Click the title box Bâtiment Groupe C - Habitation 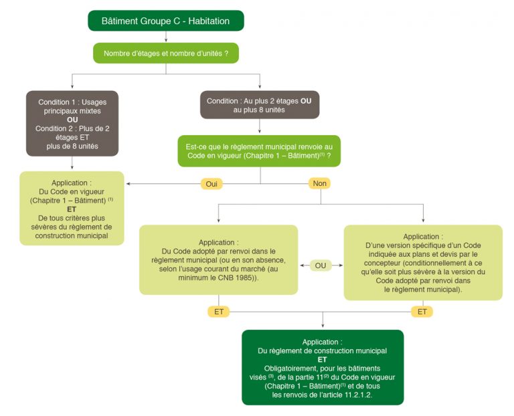tap(165, 21)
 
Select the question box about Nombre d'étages tap(165, 53)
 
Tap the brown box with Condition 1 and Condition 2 tap(72, 123)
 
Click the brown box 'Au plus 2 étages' tap(260, 105)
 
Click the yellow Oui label tap(211, 183)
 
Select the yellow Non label tap(319, 183)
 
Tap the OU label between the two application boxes tap(321, 266)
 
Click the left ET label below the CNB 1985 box tap(218, 312)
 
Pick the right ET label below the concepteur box tap(422, 312)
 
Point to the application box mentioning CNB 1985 tap(218, 259)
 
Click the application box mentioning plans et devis tap(422, 262)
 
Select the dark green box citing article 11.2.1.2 tap(323, 367)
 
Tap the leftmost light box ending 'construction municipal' tap(72, 208)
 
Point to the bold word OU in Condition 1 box tap(72, 120)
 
